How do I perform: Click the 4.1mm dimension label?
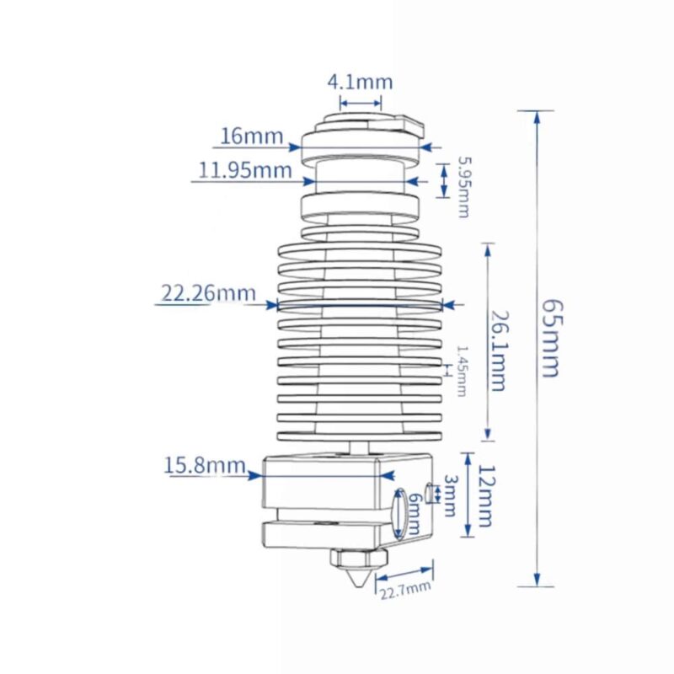[x=361, y=82]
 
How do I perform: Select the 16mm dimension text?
[x=252, y=136]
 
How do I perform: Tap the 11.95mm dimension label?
[x=245, y=170]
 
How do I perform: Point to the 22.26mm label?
[x=208, y=292]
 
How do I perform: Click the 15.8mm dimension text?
[x=205, y=465]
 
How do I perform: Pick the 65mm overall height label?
[x=551, y=339]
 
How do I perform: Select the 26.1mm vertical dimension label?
[x=499, y=350]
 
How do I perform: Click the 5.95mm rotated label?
[x=464, y=187]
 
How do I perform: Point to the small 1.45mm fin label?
[x=461, y=372]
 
